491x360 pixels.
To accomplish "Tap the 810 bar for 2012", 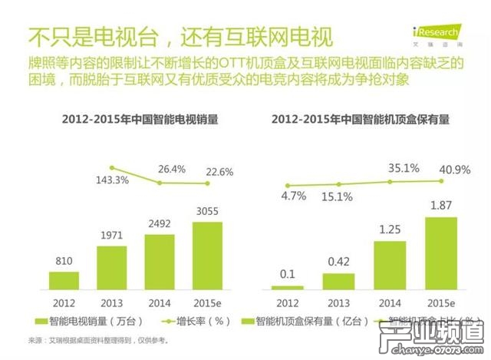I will (x=64, y=279).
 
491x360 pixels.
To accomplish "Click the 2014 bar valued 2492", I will (x=160, y=261).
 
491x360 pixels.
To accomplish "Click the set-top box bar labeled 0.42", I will (x=334, y=280).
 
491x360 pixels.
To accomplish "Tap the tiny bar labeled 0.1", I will (x=287, y=286).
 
